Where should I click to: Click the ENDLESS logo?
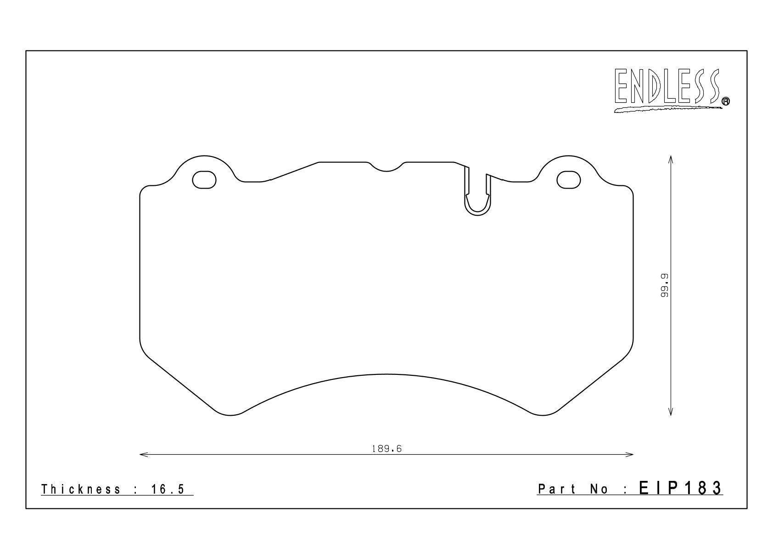coord(671,90)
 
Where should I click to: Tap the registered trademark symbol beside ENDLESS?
coord(726,101)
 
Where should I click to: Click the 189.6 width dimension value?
coord(386,449)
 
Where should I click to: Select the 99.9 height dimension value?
coord(664,285)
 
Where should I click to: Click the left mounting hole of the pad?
coord(204,180)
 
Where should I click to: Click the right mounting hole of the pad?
coord(569,180)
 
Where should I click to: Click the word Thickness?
coord(81,489)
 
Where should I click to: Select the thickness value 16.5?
coord(168,489)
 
